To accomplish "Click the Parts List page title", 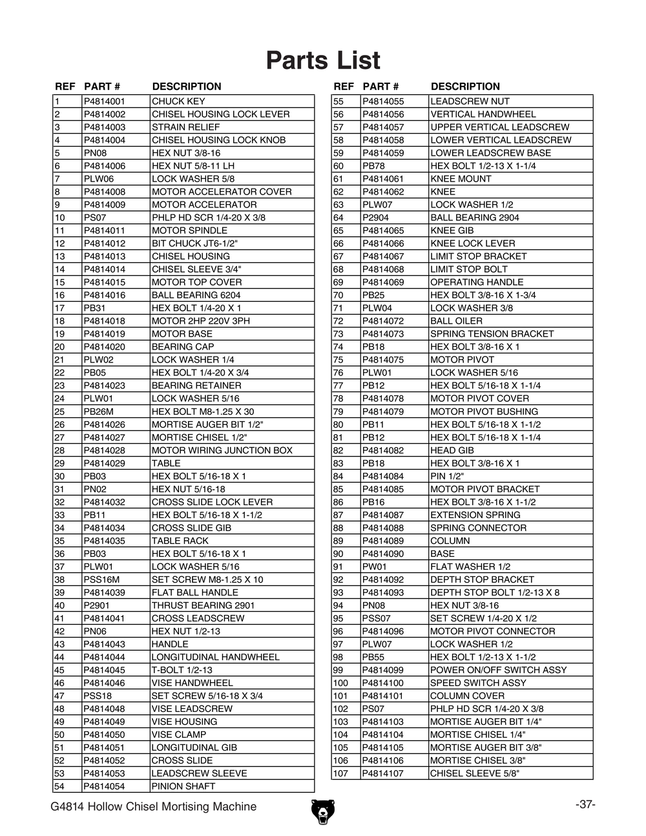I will (x=323, y=61).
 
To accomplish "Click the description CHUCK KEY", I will (x=178, y=101).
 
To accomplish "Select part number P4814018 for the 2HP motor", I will (x=105, y=321).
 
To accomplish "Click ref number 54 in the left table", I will (x=59, y=786).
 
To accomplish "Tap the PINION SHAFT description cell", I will (x=183, y=786).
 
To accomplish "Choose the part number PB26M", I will (x=98, y=412).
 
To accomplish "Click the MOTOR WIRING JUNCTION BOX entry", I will (x=222, y=450).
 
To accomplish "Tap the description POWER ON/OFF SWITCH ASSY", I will (x=499, y=670).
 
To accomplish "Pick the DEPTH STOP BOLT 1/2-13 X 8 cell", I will (x=495, y=592).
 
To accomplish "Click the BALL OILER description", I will (x=456, y=321).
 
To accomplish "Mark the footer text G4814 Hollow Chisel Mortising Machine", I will (x=153, y=806).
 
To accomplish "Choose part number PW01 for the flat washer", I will (x=374, y=567).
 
